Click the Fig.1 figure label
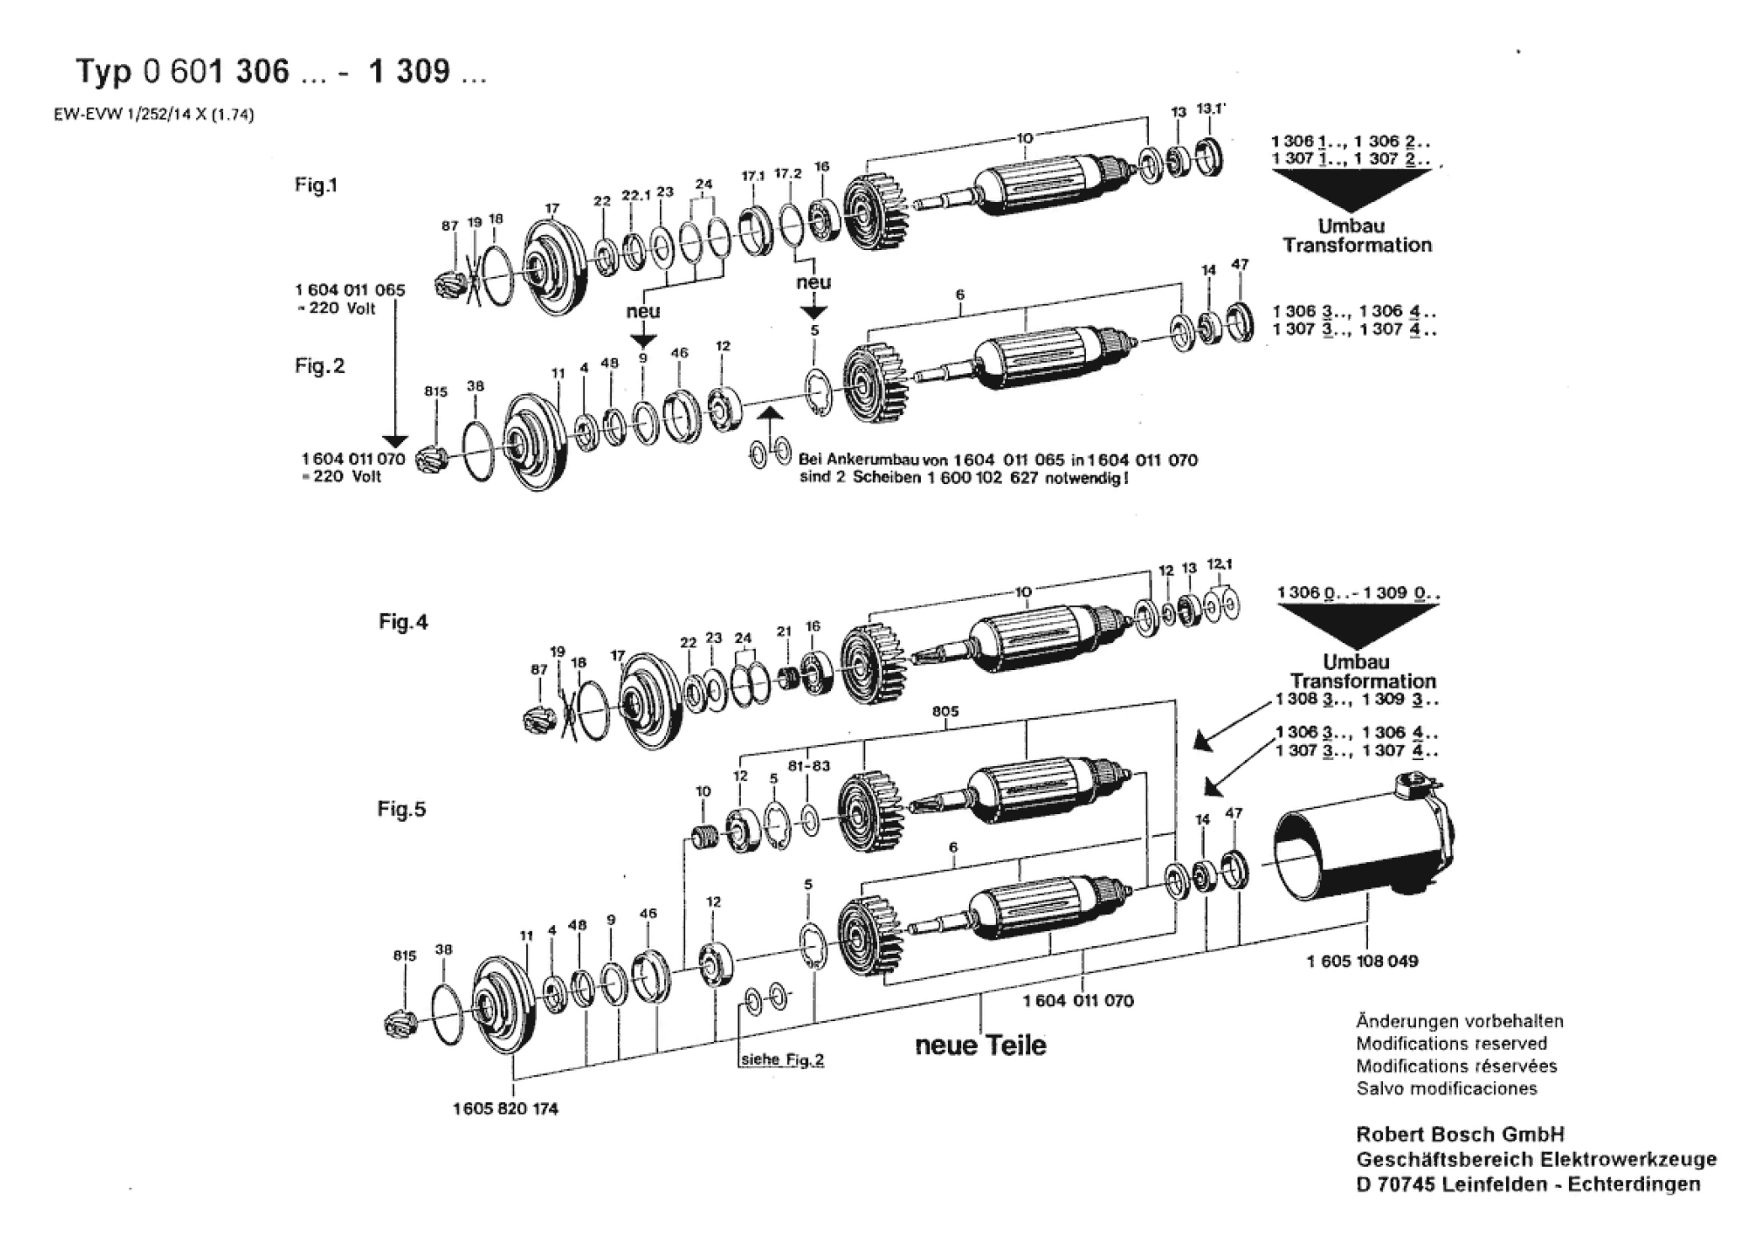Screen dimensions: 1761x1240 point(317,185)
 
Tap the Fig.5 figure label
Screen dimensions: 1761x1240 point(402,809)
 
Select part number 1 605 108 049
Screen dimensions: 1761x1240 point(1362,961)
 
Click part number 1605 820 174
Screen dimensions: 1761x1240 point(506,1109)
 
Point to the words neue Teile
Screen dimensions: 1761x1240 point(981,1046)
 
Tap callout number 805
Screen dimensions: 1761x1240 point(946,711)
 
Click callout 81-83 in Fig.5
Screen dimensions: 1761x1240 point(809,767)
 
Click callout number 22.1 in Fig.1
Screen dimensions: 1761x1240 point(636,194)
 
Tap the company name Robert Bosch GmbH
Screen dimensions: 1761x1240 point(1460,1134)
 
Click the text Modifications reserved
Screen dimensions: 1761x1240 point(1451,1044)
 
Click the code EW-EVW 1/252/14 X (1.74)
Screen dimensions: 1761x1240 point(154,115)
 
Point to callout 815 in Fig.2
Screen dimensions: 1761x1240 point(436,391)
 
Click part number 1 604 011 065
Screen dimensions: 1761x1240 point(350,290)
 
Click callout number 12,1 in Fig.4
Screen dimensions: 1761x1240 point(1220,564)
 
